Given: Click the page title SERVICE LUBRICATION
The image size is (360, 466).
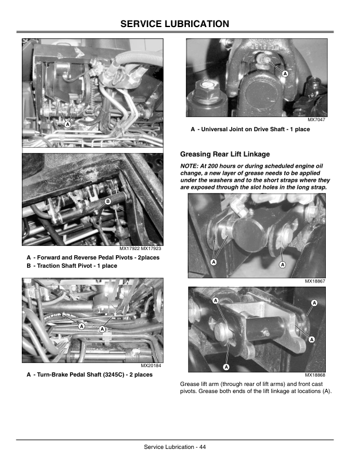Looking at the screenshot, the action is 175,24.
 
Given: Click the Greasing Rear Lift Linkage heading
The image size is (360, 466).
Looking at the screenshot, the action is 225,154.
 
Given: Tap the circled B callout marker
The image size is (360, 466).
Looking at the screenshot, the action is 108,201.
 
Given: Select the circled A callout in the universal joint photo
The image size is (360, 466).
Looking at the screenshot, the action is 285,74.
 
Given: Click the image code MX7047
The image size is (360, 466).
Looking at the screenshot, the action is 316,120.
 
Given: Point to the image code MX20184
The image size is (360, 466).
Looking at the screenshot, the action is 151,365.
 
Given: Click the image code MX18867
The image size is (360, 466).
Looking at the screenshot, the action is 315,281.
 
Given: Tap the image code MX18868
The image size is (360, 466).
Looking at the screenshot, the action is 315,375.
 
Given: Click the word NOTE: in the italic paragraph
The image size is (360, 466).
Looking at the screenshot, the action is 189,166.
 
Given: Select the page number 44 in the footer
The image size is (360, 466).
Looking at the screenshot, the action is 202,447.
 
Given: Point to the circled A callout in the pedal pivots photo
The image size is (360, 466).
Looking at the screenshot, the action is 68,124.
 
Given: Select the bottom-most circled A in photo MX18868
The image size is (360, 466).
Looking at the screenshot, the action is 226,367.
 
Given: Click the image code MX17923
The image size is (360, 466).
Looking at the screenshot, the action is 151,248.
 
